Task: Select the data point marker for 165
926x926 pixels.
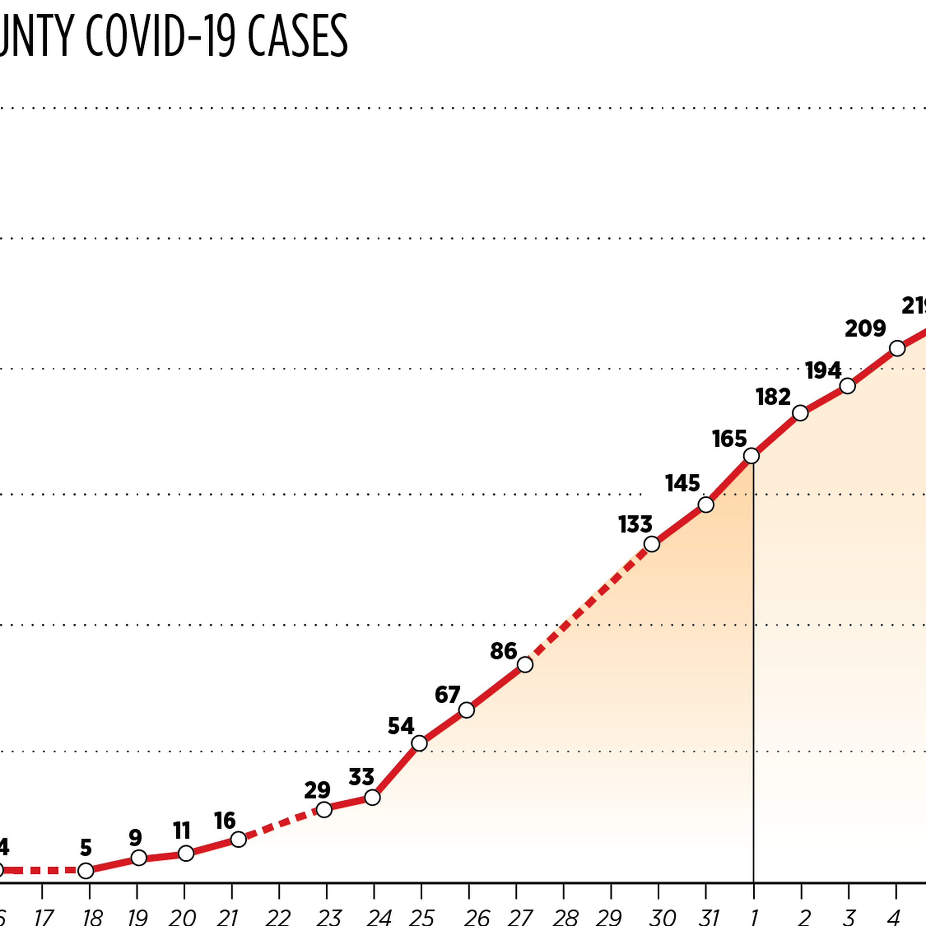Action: pos(751,456)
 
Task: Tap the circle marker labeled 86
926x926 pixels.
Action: pos(525,665)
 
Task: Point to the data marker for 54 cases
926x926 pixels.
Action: pos(419,743)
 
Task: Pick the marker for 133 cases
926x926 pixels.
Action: pos(652,544)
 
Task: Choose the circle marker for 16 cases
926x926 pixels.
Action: pos(238,839)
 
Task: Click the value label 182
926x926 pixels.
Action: pos(773,397)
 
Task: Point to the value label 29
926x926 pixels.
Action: pos(317,790)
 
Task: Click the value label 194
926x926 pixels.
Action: pos(823,370)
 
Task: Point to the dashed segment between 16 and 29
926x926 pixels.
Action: pos(282,825)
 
